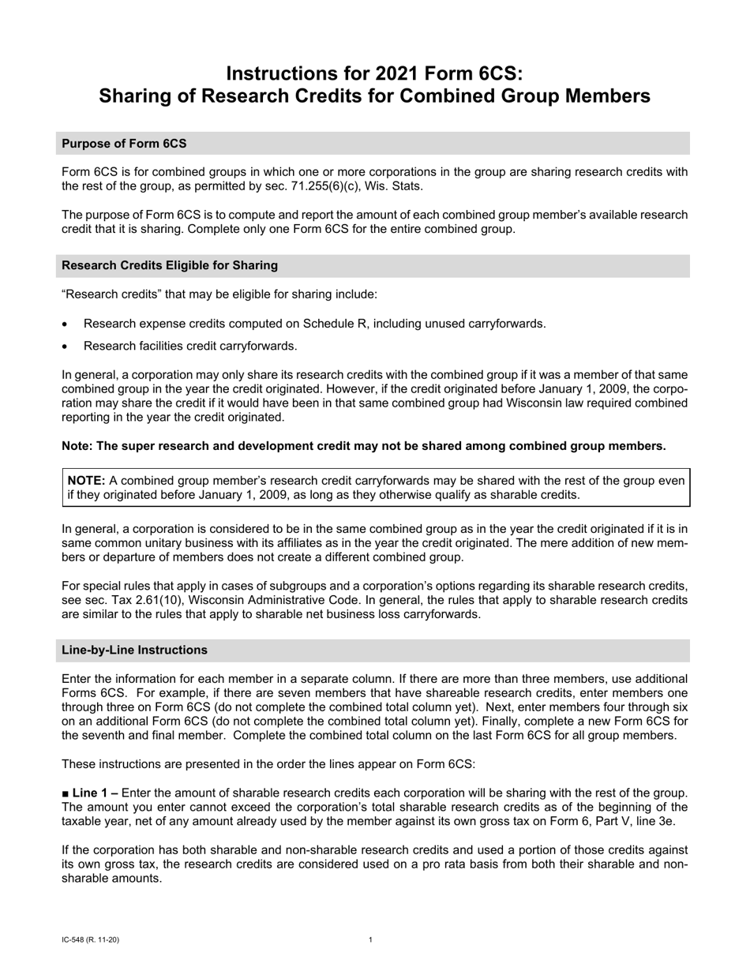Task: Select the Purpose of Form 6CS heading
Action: point(124,144)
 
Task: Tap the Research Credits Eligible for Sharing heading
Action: point(169,265)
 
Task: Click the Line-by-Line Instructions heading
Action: point(134,650)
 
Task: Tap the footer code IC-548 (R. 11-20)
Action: point(90,939)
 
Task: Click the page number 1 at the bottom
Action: point(370,939)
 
